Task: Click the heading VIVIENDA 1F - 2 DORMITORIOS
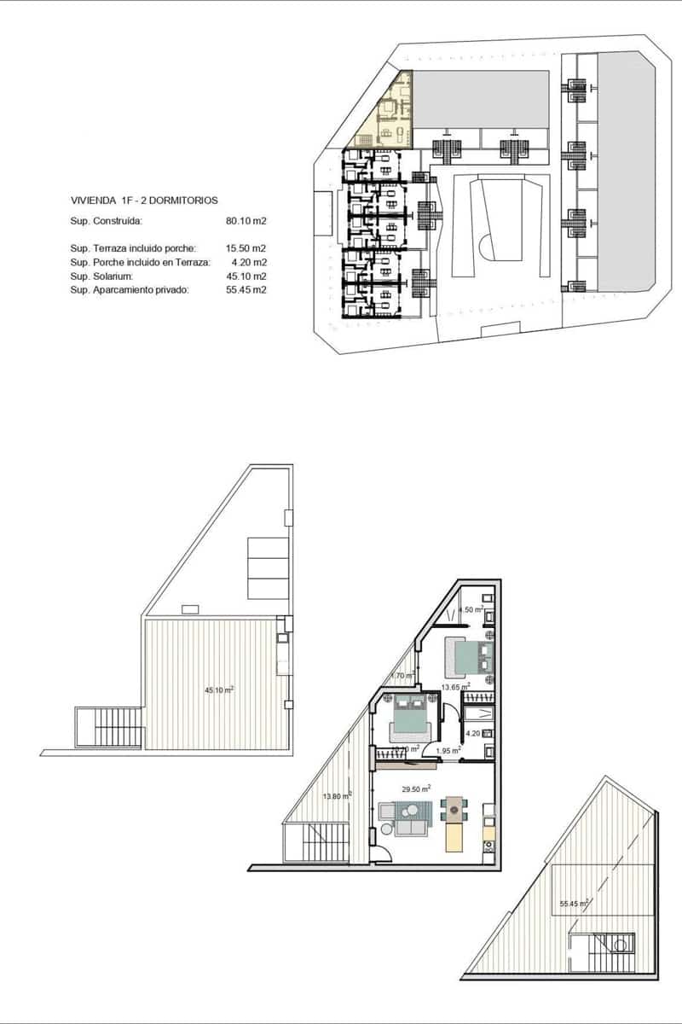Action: tap(143, 200)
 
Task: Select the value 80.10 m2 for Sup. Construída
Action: tap(246, 221)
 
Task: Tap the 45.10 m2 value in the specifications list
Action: tap(246, 276)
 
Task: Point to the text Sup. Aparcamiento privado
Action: tap(129, 289)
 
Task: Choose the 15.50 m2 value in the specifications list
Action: tap(246, 247)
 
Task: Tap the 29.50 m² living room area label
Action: tap(417, 788)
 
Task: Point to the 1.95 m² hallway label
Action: tap(448, 751)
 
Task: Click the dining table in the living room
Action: tap(454, 810)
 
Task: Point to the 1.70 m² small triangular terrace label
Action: tap(402, 676)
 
